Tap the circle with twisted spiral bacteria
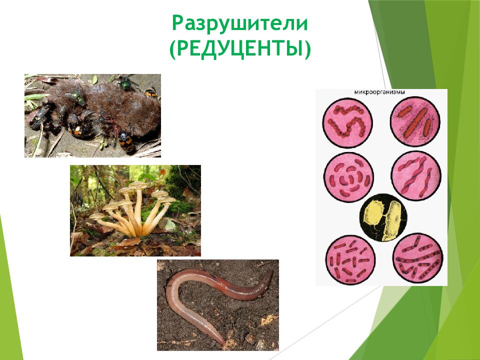(416, 176)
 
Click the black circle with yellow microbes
(383, 218)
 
